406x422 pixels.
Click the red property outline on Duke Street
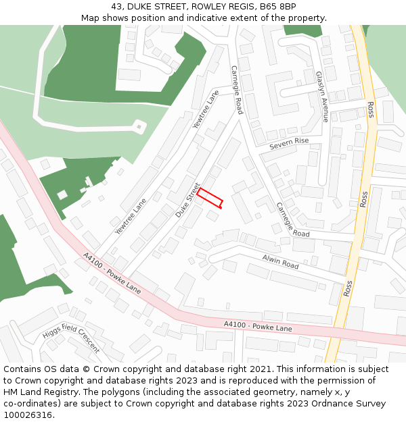tap(210, 198)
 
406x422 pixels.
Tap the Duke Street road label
tap(188, 200)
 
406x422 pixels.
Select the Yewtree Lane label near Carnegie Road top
tap(206, 109)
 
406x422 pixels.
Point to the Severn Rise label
tap(288, 143)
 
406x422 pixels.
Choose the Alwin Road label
tap(280, 262)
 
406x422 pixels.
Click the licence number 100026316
tap(28, 415)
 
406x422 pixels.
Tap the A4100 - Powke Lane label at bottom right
tap(258, 327)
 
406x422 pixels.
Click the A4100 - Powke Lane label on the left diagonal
tap(112, 274)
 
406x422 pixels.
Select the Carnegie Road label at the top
tap(236, 89)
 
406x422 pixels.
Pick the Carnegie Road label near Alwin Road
tap(292, 219)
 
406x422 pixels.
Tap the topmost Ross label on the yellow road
tap(370, 109)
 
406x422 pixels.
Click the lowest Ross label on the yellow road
tap(348, 288)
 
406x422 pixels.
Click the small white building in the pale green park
tap(139, 126)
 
